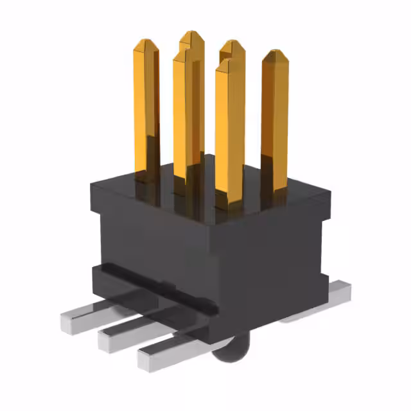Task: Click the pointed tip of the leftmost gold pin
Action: coord(146,44)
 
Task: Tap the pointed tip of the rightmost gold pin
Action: coord(275,54)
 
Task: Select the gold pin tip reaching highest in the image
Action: coord(191,34)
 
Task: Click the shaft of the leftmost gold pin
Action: coord(146,109)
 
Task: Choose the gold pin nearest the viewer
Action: coord(229,128)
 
